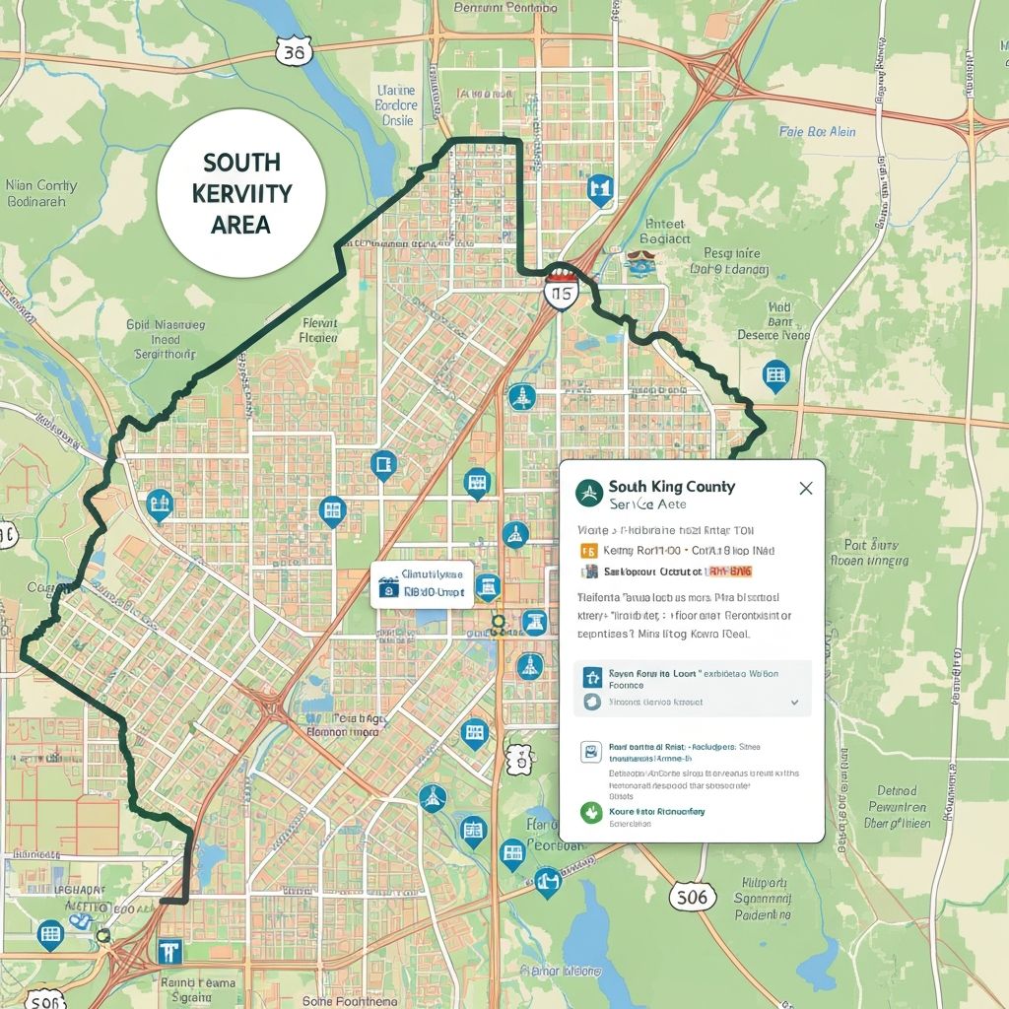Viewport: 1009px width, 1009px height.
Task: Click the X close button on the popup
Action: [805, 488]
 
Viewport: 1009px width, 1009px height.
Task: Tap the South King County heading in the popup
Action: [671, 487]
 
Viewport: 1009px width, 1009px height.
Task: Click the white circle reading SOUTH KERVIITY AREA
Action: [241, 192]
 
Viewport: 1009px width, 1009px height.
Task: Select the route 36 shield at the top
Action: [293, 51]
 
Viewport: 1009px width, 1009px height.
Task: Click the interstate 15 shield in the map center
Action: [562, 294]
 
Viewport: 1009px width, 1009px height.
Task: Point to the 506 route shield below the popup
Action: [693, 897]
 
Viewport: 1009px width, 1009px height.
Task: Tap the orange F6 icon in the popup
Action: [589, 551]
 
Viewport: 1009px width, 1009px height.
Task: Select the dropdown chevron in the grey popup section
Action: [794, 702]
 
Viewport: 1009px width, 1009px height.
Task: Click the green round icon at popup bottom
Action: [591, 813]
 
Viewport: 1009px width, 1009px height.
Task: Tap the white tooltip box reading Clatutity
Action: [422, 584]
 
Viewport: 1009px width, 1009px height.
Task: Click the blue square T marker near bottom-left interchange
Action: [169, 950]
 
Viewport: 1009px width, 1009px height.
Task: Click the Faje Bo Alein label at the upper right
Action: [817, 131]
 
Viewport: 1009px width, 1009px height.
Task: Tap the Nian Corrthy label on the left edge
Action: [40, 192]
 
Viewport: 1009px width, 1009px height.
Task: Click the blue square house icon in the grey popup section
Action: [591, 676]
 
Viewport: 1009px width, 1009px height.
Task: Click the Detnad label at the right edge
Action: [896, 790]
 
